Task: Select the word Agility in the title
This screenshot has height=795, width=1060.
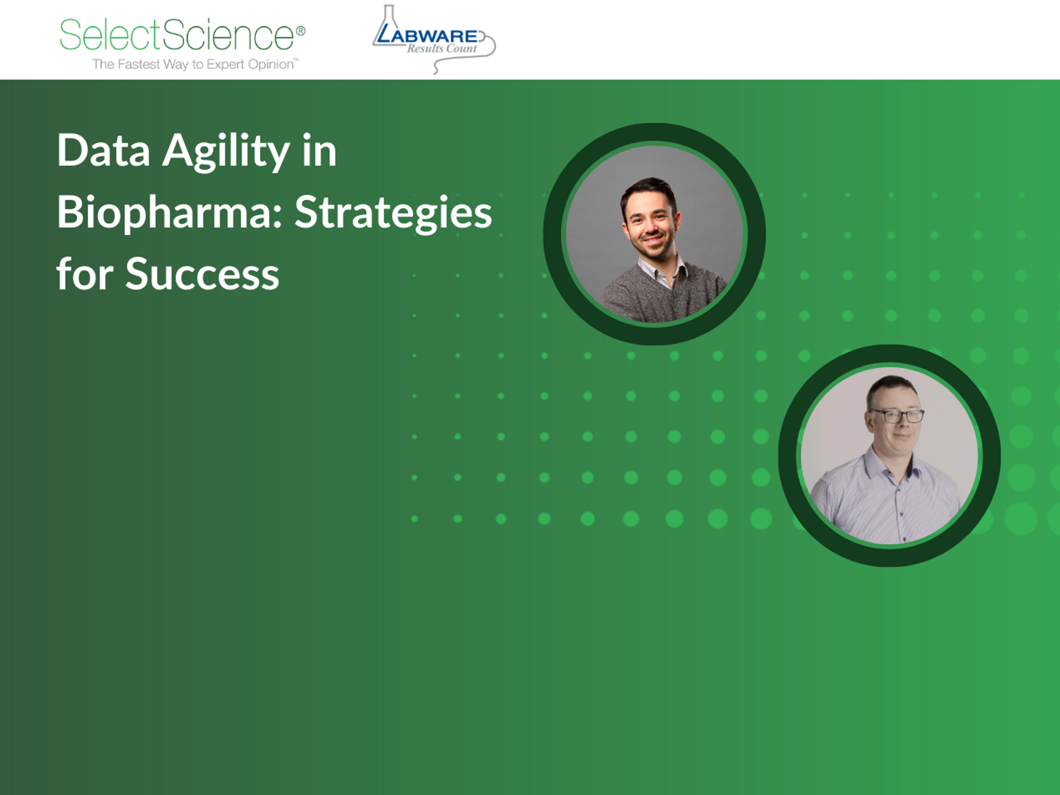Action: (226, 152)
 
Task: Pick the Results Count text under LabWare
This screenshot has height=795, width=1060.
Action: (442, 48)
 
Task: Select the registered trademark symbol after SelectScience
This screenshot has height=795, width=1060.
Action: (300, 31)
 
